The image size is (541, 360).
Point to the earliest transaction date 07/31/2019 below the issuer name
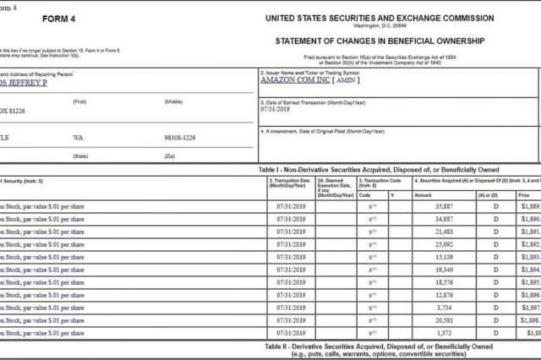click(276, 110)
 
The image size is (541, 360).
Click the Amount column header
click(423, 194)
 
